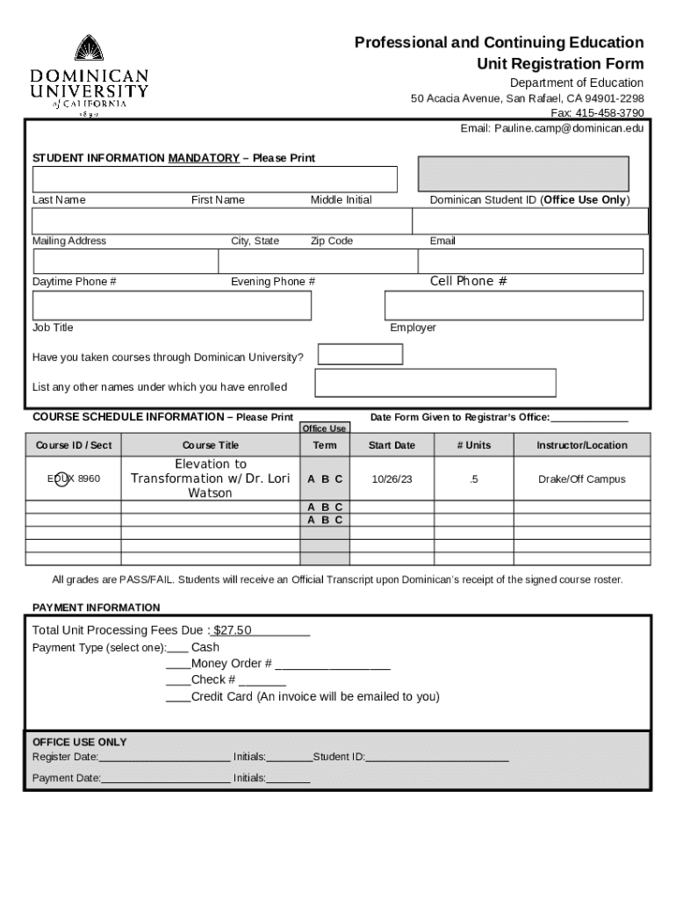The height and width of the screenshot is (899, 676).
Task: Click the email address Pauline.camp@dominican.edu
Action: coord(568,128)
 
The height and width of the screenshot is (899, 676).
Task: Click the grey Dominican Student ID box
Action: coord(523,174)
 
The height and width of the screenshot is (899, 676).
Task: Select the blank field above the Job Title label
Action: coord(172,306)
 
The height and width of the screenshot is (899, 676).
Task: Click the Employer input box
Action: coord(514,306)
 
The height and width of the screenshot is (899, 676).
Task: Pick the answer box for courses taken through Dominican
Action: coord(360,355)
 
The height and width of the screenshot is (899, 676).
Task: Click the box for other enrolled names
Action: coord(435,383)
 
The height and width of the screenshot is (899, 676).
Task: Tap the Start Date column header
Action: coord(392,445)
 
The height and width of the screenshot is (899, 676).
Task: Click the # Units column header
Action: coord(474,445)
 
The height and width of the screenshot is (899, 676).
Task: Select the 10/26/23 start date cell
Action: coord(392,479)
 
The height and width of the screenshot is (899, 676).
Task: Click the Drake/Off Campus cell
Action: coord(582,479)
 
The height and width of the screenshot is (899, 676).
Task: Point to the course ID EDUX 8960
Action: coord(74,479)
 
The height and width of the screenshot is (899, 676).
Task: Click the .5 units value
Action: coord(474,479)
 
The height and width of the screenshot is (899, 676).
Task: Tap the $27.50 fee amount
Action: coord(234,630)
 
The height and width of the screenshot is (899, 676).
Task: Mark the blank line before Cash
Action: coord(176,649)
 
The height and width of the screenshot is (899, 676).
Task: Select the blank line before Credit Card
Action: coord(178,698)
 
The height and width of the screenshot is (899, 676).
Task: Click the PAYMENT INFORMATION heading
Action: coord(97,608)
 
